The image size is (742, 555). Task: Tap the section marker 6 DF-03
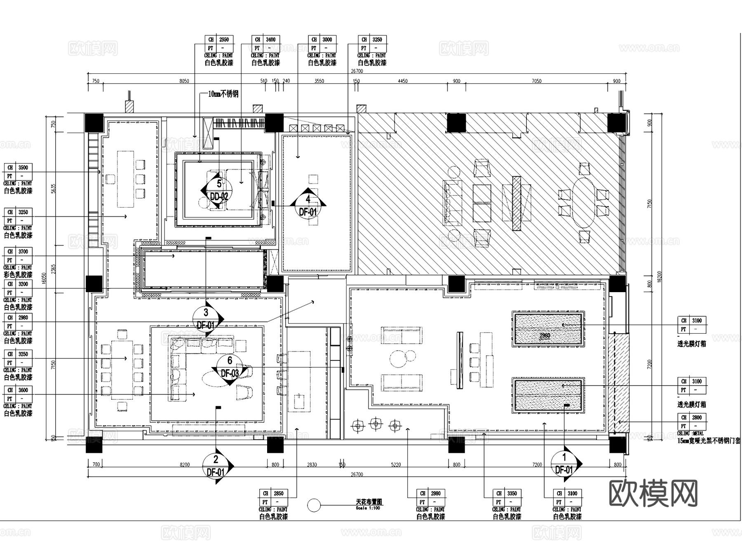pos(230,367)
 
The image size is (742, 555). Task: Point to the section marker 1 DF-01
pos(564,464)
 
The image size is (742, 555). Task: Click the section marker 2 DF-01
pos(216,466)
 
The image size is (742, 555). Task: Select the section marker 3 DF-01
pos(206,319)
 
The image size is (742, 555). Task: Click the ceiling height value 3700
pos(23,251)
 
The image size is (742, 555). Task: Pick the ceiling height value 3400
pos(270,40)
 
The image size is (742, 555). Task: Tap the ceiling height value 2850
pos(279,493)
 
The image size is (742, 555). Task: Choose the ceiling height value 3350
pos(512,493)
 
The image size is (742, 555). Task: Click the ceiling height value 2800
pos(697,417)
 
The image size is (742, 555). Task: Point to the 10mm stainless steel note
pos(223,94)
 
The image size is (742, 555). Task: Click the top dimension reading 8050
pos(184,81)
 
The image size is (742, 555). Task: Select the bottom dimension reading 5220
pos(395,465)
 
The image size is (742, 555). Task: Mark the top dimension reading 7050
pos(536,81)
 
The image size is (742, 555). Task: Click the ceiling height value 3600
pos(23,390)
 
